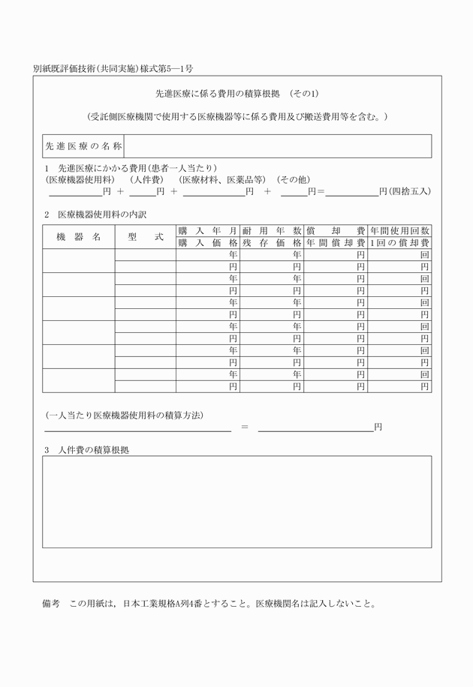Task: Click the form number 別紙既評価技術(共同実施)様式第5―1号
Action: click(x=113, y=69)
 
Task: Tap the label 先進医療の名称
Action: click(x=83, y=146)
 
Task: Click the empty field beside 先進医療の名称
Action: click(x=277, y=146)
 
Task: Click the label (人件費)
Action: click(x=146, y=180)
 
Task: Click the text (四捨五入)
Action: click(x=408, y=192)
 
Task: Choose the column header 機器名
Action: click(x=78, y=237)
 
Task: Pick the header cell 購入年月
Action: click(x=208, y=231)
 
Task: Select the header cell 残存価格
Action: click(x=272, y=243)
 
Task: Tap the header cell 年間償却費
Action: click(x=336, y=243)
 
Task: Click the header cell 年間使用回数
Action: click(x=399, y=231)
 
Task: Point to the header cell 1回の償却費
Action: click(x=399, y=243)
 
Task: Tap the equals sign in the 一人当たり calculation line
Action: click(x=244, y=427)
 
